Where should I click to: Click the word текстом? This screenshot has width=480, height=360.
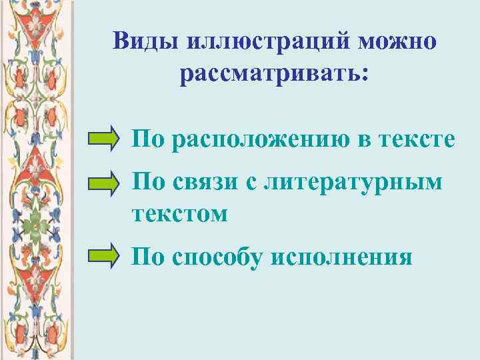[x=179, y=214]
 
